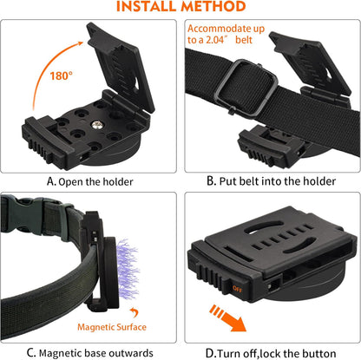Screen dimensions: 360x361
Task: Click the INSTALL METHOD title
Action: (x=180, y=8)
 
